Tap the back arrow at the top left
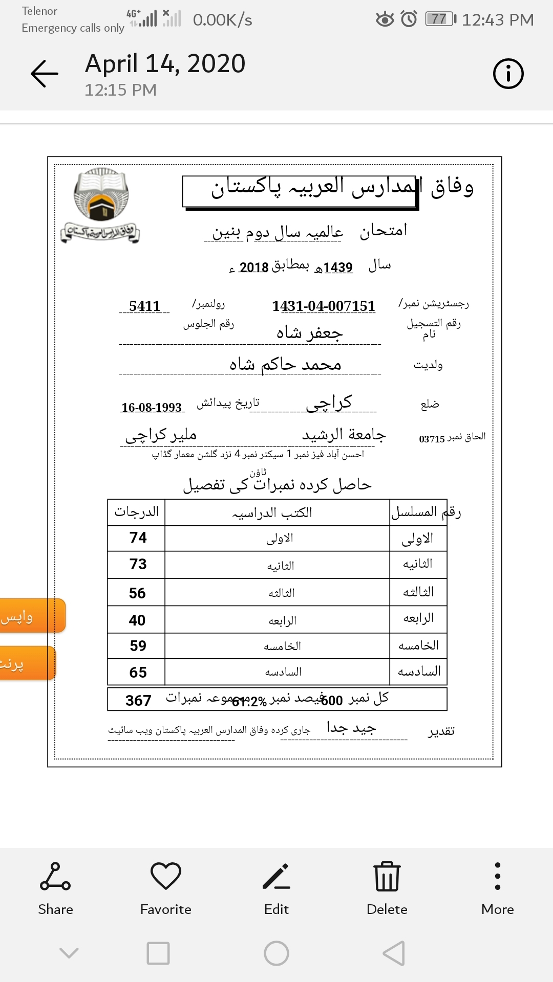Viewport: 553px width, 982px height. (45, 74)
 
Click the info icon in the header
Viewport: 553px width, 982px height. (508, 74)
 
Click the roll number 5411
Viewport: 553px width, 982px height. (145, 306)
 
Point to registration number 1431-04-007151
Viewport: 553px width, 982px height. (324, 306)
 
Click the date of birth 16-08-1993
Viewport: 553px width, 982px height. (152, 407)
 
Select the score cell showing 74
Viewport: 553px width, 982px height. (138, 538)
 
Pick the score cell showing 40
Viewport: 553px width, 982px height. (137, 620)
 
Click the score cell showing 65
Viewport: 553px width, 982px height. (138, 672)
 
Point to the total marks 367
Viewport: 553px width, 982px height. (138, 700)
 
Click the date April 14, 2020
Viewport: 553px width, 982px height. (165, 64)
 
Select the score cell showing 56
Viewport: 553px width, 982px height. (137, 593)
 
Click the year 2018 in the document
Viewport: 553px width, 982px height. (254, 267)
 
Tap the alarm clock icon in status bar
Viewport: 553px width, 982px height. (409, 19)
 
